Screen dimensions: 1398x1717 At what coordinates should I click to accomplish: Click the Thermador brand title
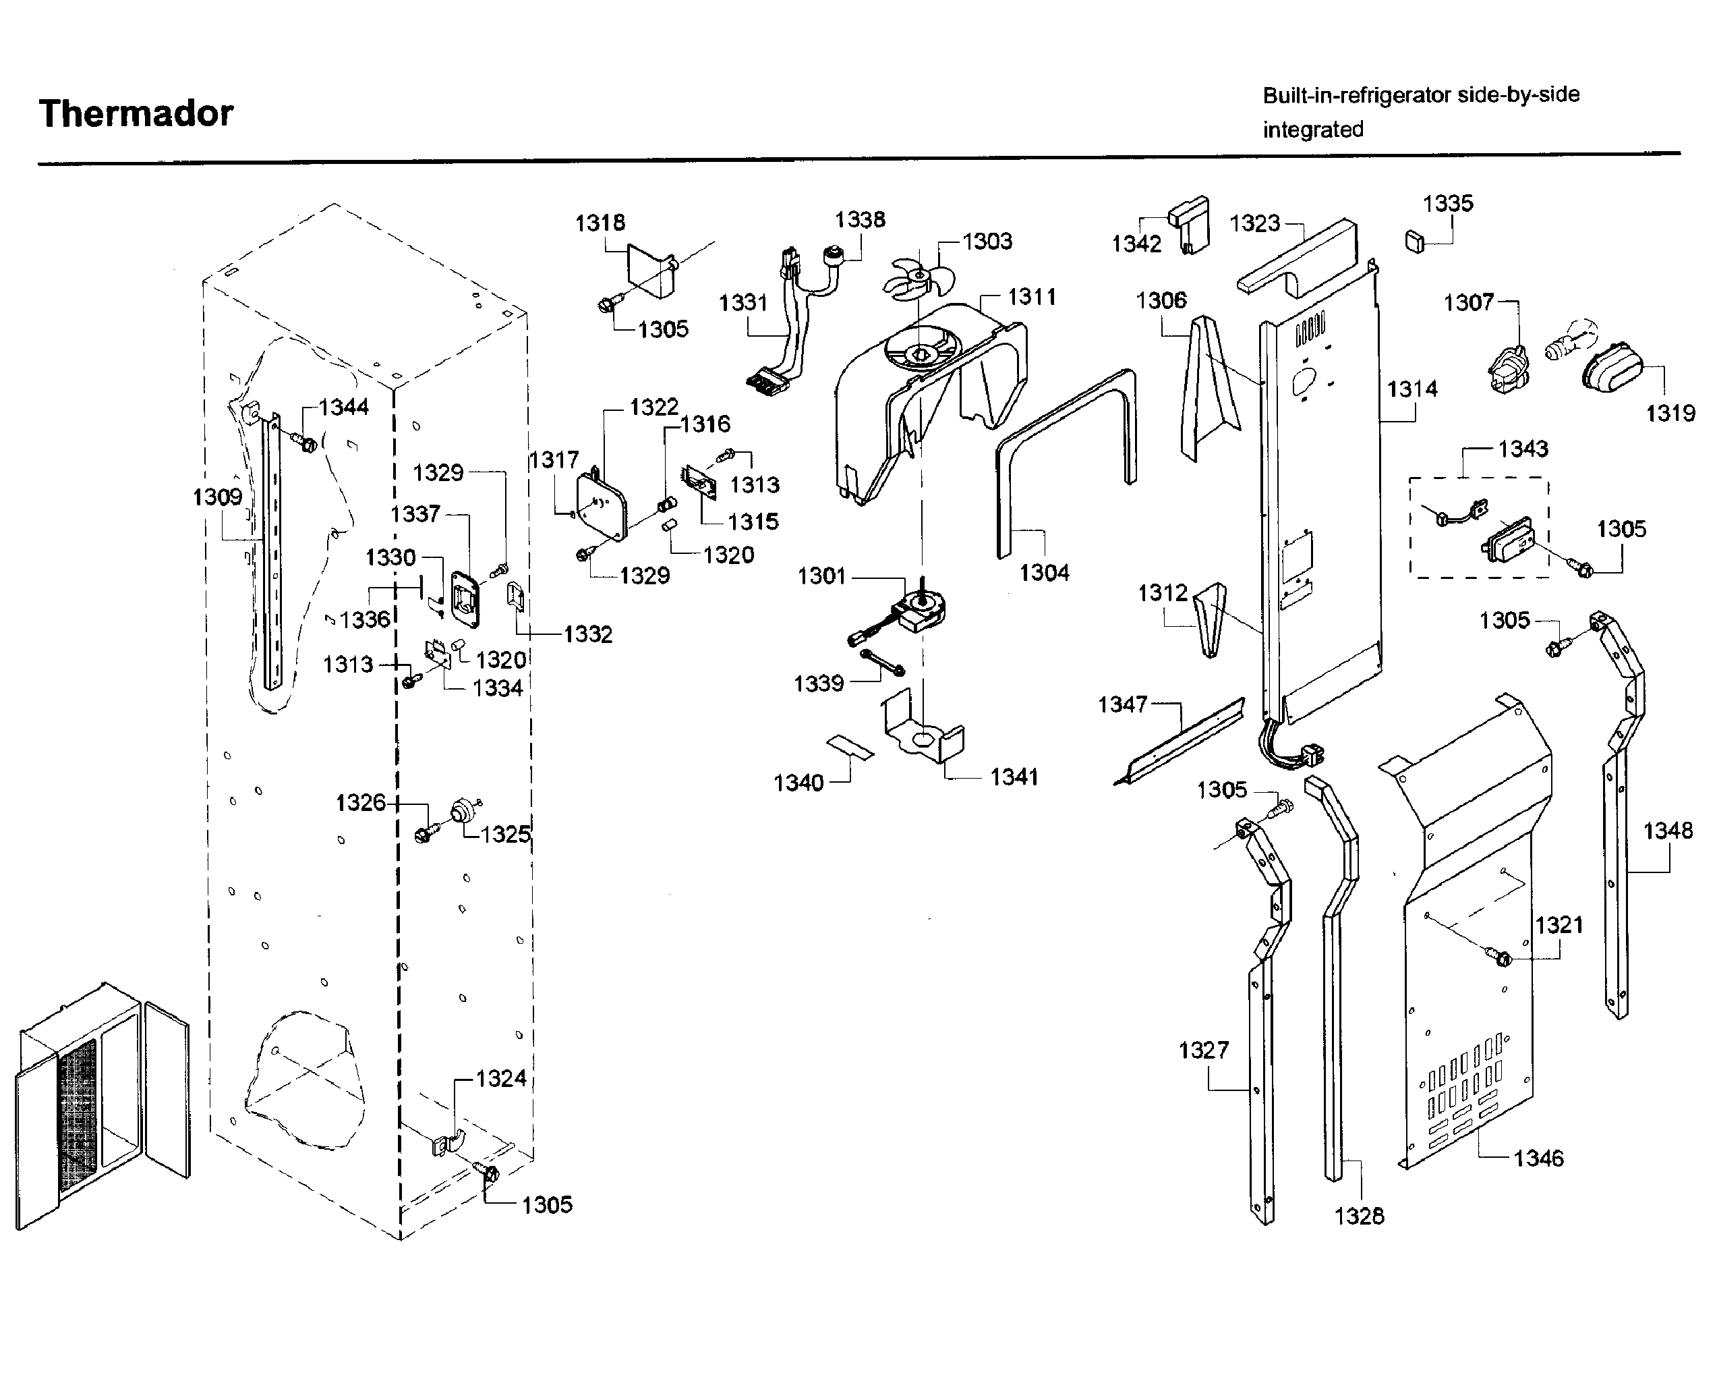tap(136, 113)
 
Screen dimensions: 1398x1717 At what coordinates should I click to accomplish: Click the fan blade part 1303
tap(918, 279)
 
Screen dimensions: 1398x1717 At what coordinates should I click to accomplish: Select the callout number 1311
tap(1031, 297)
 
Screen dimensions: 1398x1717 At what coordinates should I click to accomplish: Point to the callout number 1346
tap(1538, 1158)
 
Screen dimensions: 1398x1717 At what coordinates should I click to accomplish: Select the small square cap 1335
tap(1414, 241)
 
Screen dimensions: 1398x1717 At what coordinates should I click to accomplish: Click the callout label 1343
tap(1522, 449)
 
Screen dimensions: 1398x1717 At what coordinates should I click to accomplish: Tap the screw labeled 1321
tap(1502, 958)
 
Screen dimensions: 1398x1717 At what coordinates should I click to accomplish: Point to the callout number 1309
tap(216, 497)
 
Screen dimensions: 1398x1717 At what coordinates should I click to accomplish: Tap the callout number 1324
tap(500, 1078)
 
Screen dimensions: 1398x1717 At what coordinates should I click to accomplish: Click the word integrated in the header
tap(1312, 130)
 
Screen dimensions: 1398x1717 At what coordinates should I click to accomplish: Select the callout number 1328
tap(1359, 1216)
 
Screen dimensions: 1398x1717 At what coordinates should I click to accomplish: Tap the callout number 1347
tap(1122, 704)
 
